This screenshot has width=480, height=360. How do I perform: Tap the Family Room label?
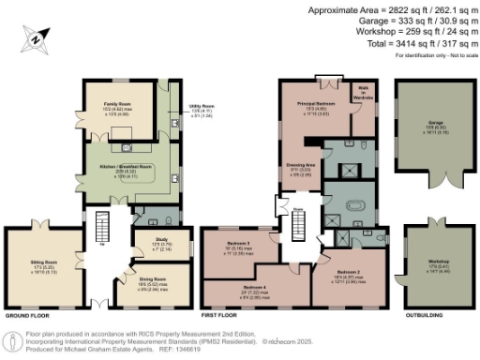117,112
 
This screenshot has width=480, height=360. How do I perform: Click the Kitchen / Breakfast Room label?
125,169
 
